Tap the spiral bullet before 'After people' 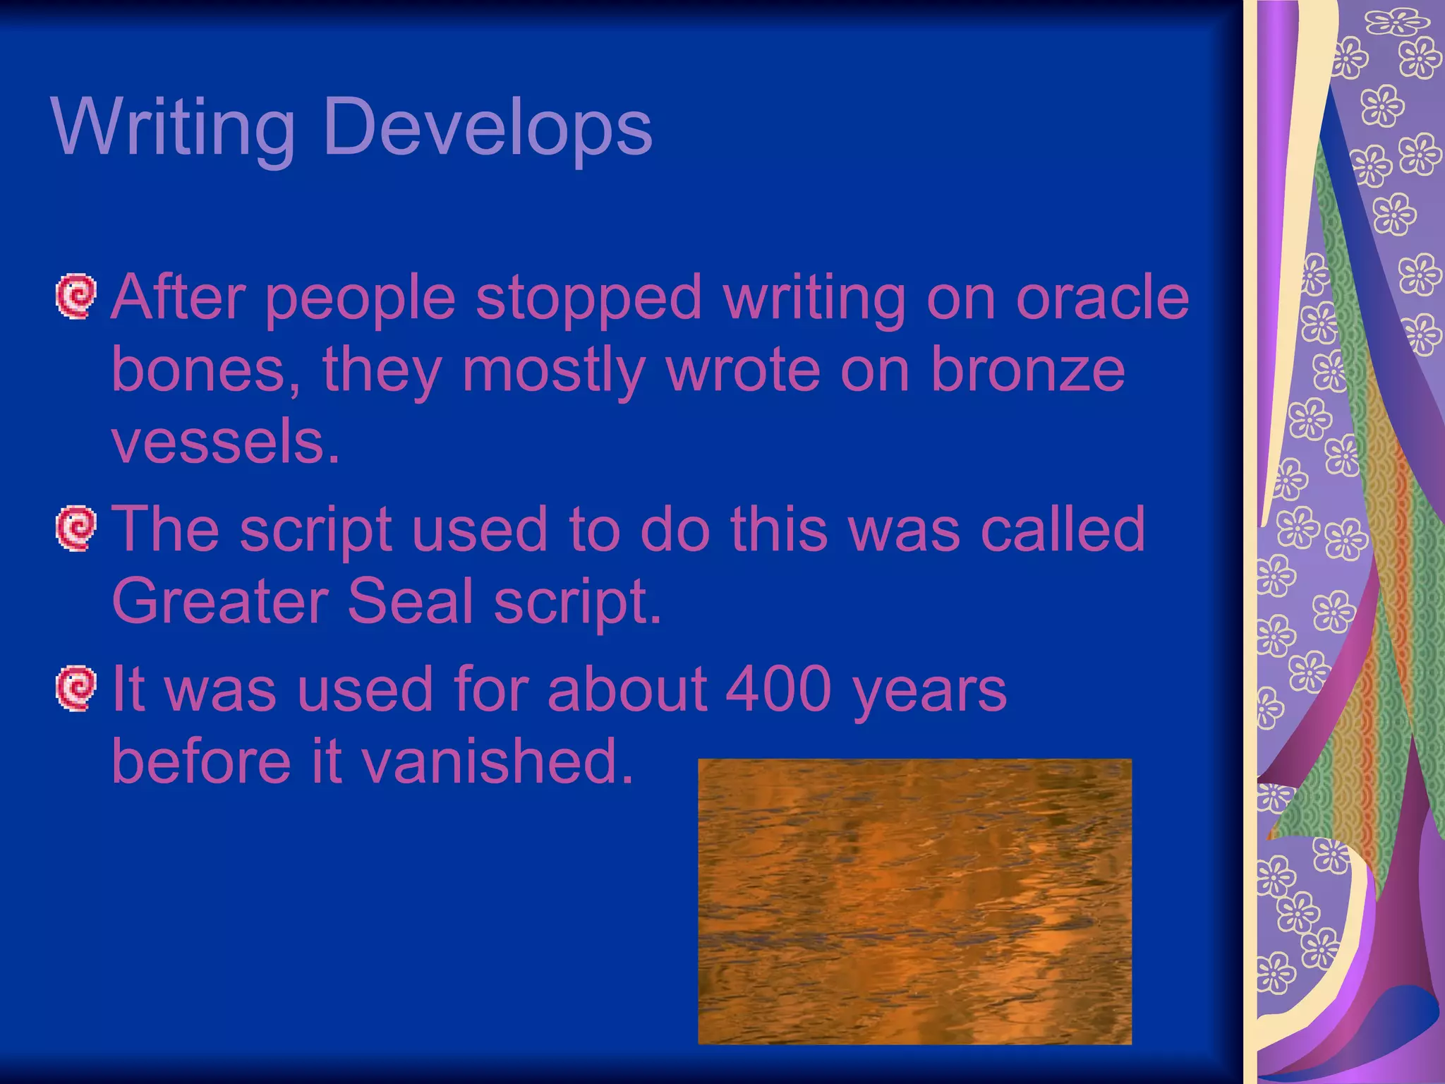click(x=75, y=296)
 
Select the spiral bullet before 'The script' click(x=75, y=528)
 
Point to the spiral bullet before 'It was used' click(x=75, y=688)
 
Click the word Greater click(x=219, y=601)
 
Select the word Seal click(x=410, y=601)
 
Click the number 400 click(x=778, y=689)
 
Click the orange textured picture click(x=914, y=901)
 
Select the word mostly click(x=553, y=371)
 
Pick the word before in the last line click(x=201, y=761)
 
